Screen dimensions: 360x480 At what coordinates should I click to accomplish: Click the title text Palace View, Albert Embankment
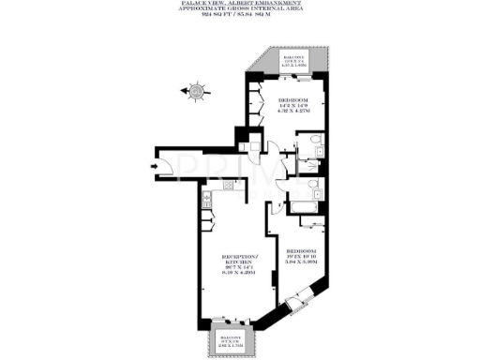(239, 4)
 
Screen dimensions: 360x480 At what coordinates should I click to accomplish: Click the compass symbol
(195, 91)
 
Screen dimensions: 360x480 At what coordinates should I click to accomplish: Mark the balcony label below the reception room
(230, 342)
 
